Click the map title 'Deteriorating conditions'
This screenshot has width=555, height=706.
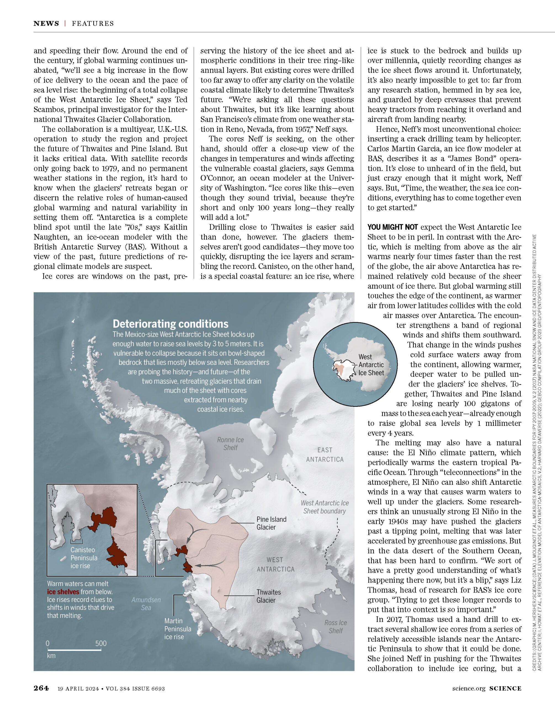pos(170,324)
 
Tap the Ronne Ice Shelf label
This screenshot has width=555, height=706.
pos(230,444)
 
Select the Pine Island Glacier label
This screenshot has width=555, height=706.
pos(271,523)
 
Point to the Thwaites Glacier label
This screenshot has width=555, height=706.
pos(269,596)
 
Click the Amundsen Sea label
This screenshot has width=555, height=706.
pos(146,604)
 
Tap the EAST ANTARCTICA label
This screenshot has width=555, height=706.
pos(325,455)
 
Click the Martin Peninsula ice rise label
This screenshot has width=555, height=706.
pos(177,629)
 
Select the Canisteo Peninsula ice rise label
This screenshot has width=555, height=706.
pos(84,558)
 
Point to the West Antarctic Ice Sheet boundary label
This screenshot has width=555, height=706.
pos(324,507)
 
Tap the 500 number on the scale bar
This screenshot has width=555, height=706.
pos(101,643)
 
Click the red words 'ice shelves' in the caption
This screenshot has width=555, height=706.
pos(63,592)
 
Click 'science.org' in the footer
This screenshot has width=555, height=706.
pos(469,688)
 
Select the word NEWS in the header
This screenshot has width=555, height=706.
pos(46,23)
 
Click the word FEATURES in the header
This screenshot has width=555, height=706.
pos(93,23)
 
